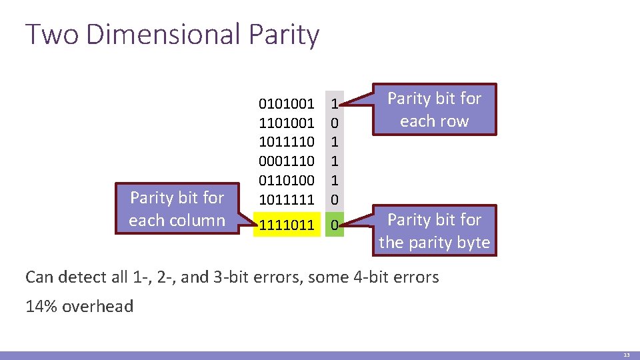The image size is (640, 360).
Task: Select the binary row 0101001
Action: pos(286,104)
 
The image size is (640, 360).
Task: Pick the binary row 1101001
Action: pos(286,123)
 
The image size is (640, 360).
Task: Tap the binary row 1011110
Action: pos(286,142)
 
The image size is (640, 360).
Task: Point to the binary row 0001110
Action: pos(286,161)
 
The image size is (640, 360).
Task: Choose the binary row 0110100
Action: pos(286,180)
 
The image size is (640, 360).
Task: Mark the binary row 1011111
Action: pos(286,199)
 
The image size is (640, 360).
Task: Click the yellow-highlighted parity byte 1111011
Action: pos(286,225)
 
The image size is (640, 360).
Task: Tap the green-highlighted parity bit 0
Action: pos(335,225)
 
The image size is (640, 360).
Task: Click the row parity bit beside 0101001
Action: pos(335,104)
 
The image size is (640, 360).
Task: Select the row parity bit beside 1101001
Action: pos(335,123)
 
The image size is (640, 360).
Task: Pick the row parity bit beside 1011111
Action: pos(335,199)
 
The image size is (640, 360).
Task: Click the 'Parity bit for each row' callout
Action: pos(434,110)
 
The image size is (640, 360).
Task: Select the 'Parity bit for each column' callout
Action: pos(177,209)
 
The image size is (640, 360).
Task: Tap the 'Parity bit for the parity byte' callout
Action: pos(434,231)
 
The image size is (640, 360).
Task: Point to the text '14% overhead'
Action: pos(79,307)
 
